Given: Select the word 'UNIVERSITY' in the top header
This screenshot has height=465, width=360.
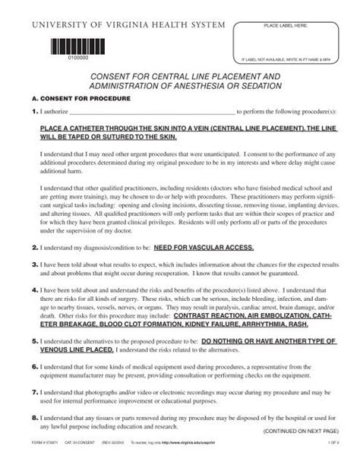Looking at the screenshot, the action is [58, 25].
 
